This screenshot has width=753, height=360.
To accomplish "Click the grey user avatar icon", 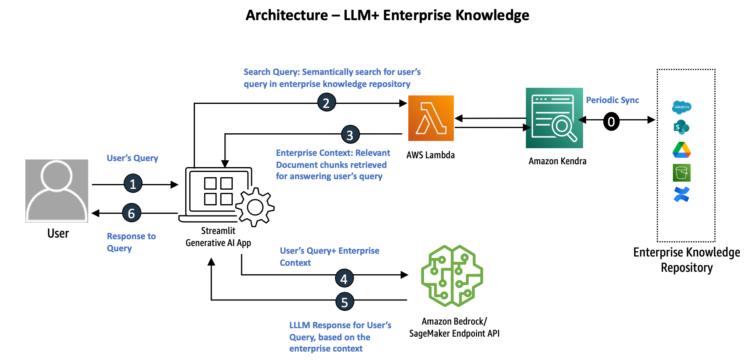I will pyautogui.click(x=57, y=191).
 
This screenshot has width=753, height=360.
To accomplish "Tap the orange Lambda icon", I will pyautogui.click(x=431, y=118).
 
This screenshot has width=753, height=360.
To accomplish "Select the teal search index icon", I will pyautogui.click(x=554, y=118).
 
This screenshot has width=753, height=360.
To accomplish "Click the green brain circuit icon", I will pyautogui.click(x=452, y=276).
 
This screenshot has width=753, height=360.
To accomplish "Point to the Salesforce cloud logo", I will pyautogui.click(x=682, y=107).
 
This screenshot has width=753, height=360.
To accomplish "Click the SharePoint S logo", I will pyautogui.click(x=681, y=127).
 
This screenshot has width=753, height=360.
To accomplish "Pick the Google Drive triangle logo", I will pyautogui.click(x=682, y=150).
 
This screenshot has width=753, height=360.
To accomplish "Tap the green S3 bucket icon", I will pyautogui.click(x=682, y=173).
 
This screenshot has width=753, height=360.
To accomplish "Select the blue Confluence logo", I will pyautogui.click(x=681, y=194).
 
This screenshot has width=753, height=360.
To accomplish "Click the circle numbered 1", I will pyautogui.click(x=133, y=184).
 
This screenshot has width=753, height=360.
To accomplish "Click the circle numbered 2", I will pyautogui.click(x=327, y=103).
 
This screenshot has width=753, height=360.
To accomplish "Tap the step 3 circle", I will pyautogui.click(x=350, y=135).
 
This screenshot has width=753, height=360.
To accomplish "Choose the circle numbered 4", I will pyautogui.click(x=344, y=278).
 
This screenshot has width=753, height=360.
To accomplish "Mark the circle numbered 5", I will pyautogui.click(x=345, y=302).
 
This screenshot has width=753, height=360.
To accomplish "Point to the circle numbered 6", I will pyautogui.click(x=132, y=213).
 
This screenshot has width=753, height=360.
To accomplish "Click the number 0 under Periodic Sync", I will pyautogui.click(x=611, y=122).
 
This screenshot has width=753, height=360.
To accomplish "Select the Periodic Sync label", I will pyautogui.click(x=612, y=100).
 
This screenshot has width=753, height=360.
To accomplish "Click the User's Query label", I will pyautogui.click(x=132, y=158).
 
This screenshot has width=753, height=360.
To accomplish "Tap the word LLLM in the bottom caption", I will pyautogui.click(x=300, y=325).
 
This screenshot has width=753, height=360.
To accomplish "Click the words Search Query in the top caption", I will pyautogui.click(x=271, y=72).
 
